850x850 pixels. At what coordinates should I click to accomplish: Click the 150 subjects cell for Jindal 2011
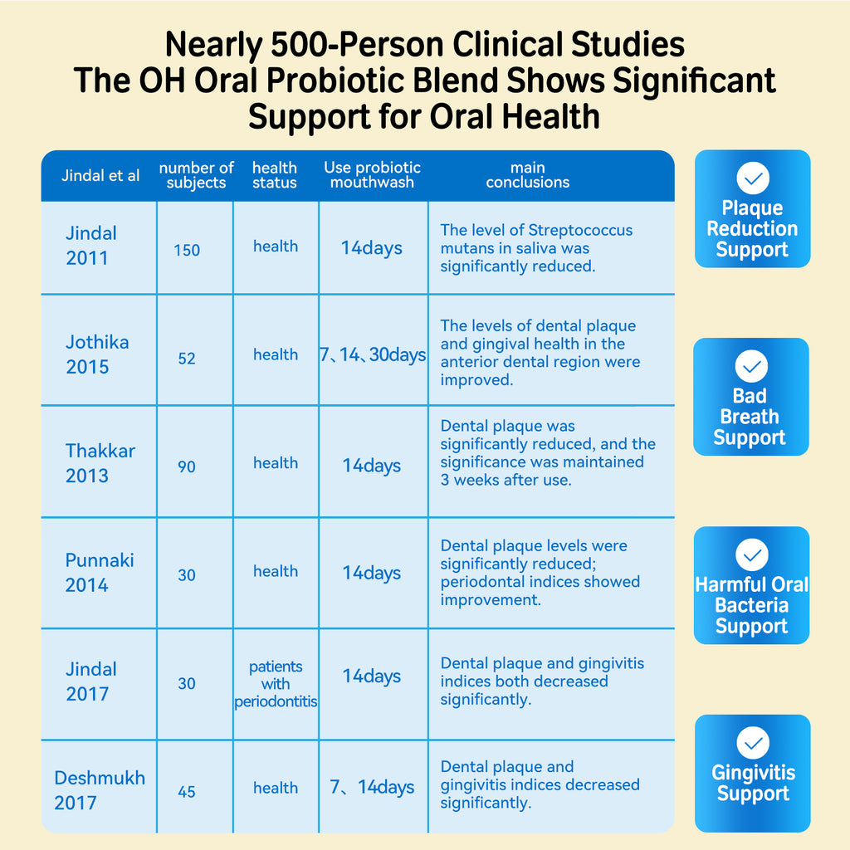[187, 250]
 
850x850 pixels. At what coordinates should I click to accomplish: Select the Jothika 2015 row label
[97, 354]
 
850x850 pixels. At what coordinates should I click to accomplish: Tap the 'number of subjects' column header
[196, 175]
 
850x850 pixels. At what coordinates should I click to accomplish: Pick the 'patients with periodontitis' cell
[276, 684]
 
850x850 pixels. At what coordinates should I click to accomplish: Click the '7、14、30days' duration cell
[373, 355]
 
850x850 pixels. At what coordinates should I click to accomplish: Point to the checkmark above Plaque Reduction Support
[752, 178]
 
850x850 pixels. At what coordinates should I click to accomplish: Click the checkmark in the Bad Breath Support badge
[751, 366]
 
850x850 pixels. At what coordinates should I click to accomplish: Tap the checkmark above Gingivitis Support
[752, 742]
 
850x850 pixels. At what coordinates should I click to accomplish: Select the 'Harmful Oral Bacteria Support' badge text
[751, 605]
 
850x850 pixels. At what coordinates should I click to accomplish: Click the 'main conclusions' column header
[528, 175]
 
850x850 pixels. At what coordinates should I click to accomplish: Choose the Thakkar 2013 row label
[100, 463]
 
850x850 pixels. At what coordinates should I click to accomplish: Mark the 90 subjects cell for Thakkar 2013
[187, 467]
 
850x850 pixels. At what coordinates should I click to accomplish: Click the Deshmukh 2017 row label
[100, 790]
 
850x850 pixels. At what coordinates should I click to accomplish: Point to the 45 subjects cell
[187, 792]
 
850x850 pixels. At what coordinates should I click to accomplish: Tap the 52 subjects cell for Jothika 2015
[187, 359]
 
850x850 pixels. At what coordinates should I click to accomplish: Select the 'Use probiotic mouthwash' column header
[372, 175]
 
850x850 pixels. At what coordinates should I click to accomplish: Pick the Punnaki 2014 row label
[100, 572]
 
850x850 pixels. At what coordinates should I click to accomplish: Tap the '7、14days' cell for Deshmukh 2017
[372, 787]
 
